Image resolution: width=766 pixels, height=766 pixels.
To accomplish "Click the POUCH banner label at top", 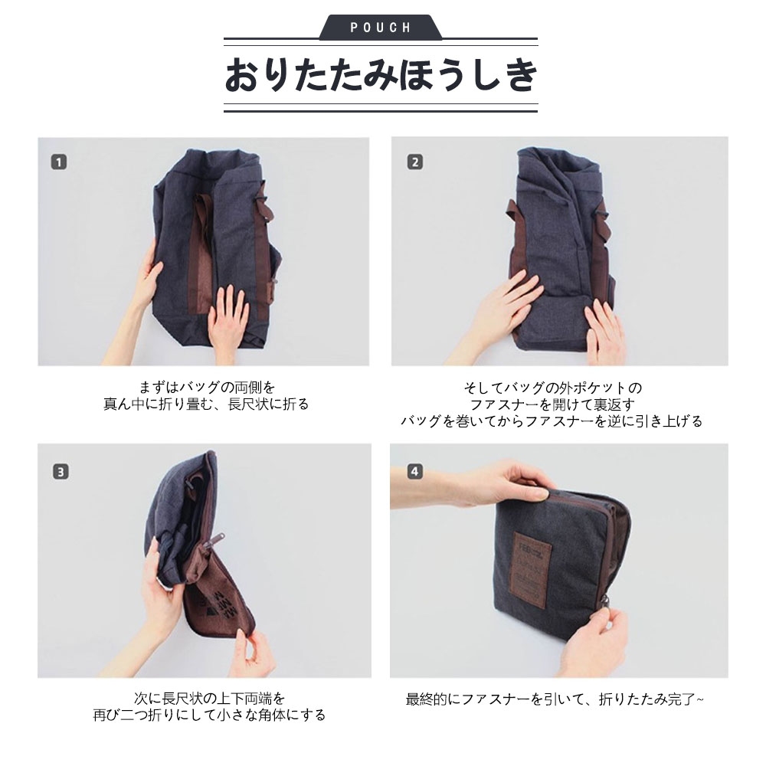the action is (381, 28).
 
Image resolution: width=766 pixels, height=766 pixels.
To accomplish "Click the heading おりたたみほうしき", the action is (381, 75).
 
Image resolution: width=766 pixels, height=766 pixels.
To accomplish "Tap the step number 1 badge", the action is (59, 162).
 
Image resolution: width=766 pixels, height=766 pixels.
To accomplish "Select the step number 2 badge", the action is (415, 162).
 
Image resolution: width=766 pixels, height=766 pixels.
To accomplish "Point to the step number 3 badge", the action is (61, 472).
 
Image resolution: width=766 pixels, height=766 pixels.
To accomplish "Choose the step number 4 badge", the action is (414, 471).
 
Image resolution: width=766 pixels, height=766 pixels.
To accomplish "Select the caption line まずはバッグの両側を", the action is (207, 388).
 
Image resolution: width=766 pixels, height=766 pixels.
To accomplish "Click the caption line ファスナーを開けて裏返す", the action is (552, 404).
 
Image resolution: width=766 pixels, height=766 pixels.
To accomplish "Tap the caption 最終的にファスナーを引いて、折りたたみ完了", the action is (555, 699).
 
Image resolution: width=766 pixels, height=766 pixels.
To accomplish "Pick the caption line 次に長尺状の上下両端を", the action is (208, 698).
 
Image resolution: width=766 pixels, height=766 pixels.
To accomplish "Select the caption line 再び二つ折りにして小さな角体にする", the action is (209, 715).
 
